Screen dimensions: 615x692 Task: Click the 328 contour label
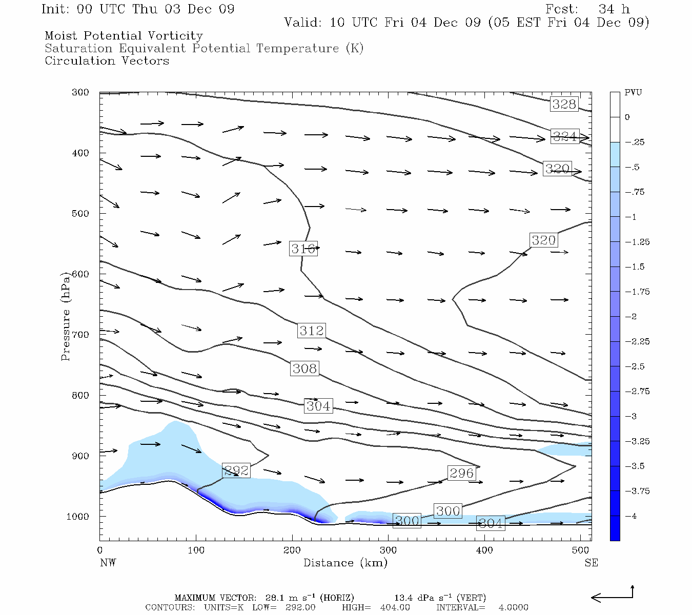click(x=564, y=104)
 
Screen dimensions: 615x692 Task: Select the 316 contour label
click(x=303, y=249)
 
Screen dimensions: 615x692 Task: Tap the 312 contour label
click(x=312, y=331)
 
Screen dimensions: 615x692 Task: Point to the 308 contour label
click(x=304, y=368)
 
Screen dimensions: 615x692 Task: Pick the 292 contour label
click(x=236, y=470)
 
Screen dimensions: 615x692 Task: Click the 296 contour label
click(x=461, y=473)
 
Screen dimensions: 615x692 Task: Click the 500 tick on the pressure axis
click(x=80, y=213)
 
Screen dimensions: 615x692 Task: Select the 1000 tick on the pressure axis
click(x=77, y=516)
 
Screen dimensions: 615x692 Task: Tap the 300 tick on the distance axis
click(x=388, y=550)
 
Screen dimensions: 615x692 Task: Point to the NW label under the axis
click(x=108, y=563)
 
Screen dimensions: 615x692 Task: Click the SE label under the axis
click(x=591, y=563)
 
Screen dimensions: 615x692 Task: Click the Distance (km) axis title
click(x=345, y=563)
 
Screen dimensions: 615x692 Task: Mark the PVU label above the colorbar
click(x=633, y=92)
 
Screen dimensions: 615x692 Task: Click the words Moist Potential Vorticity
click(x=124, y=36)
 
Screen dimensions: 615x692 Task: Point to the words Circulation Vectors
click(x=107, y=60)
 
